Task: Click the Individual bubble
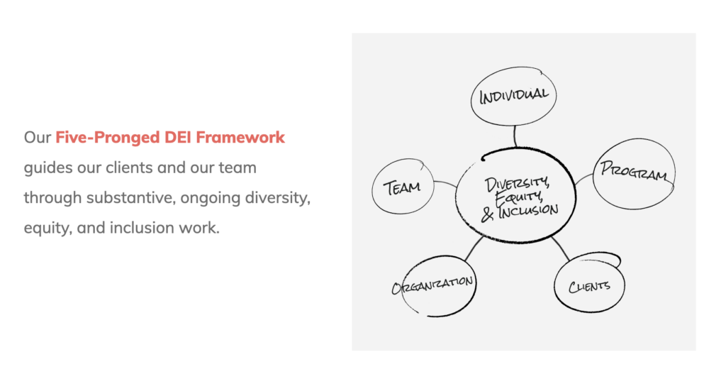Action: tap(513, 95)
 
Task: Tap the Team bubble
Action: tap(402, 187)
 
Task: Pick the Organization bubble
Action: tap(433, 285)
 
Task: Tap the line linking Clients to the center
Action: tap(561, 248)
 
